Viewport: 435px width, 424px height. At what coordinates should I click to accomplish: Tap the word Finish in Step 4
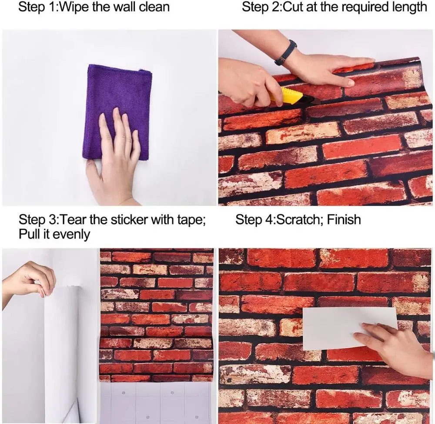click(x=344, y=219)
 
